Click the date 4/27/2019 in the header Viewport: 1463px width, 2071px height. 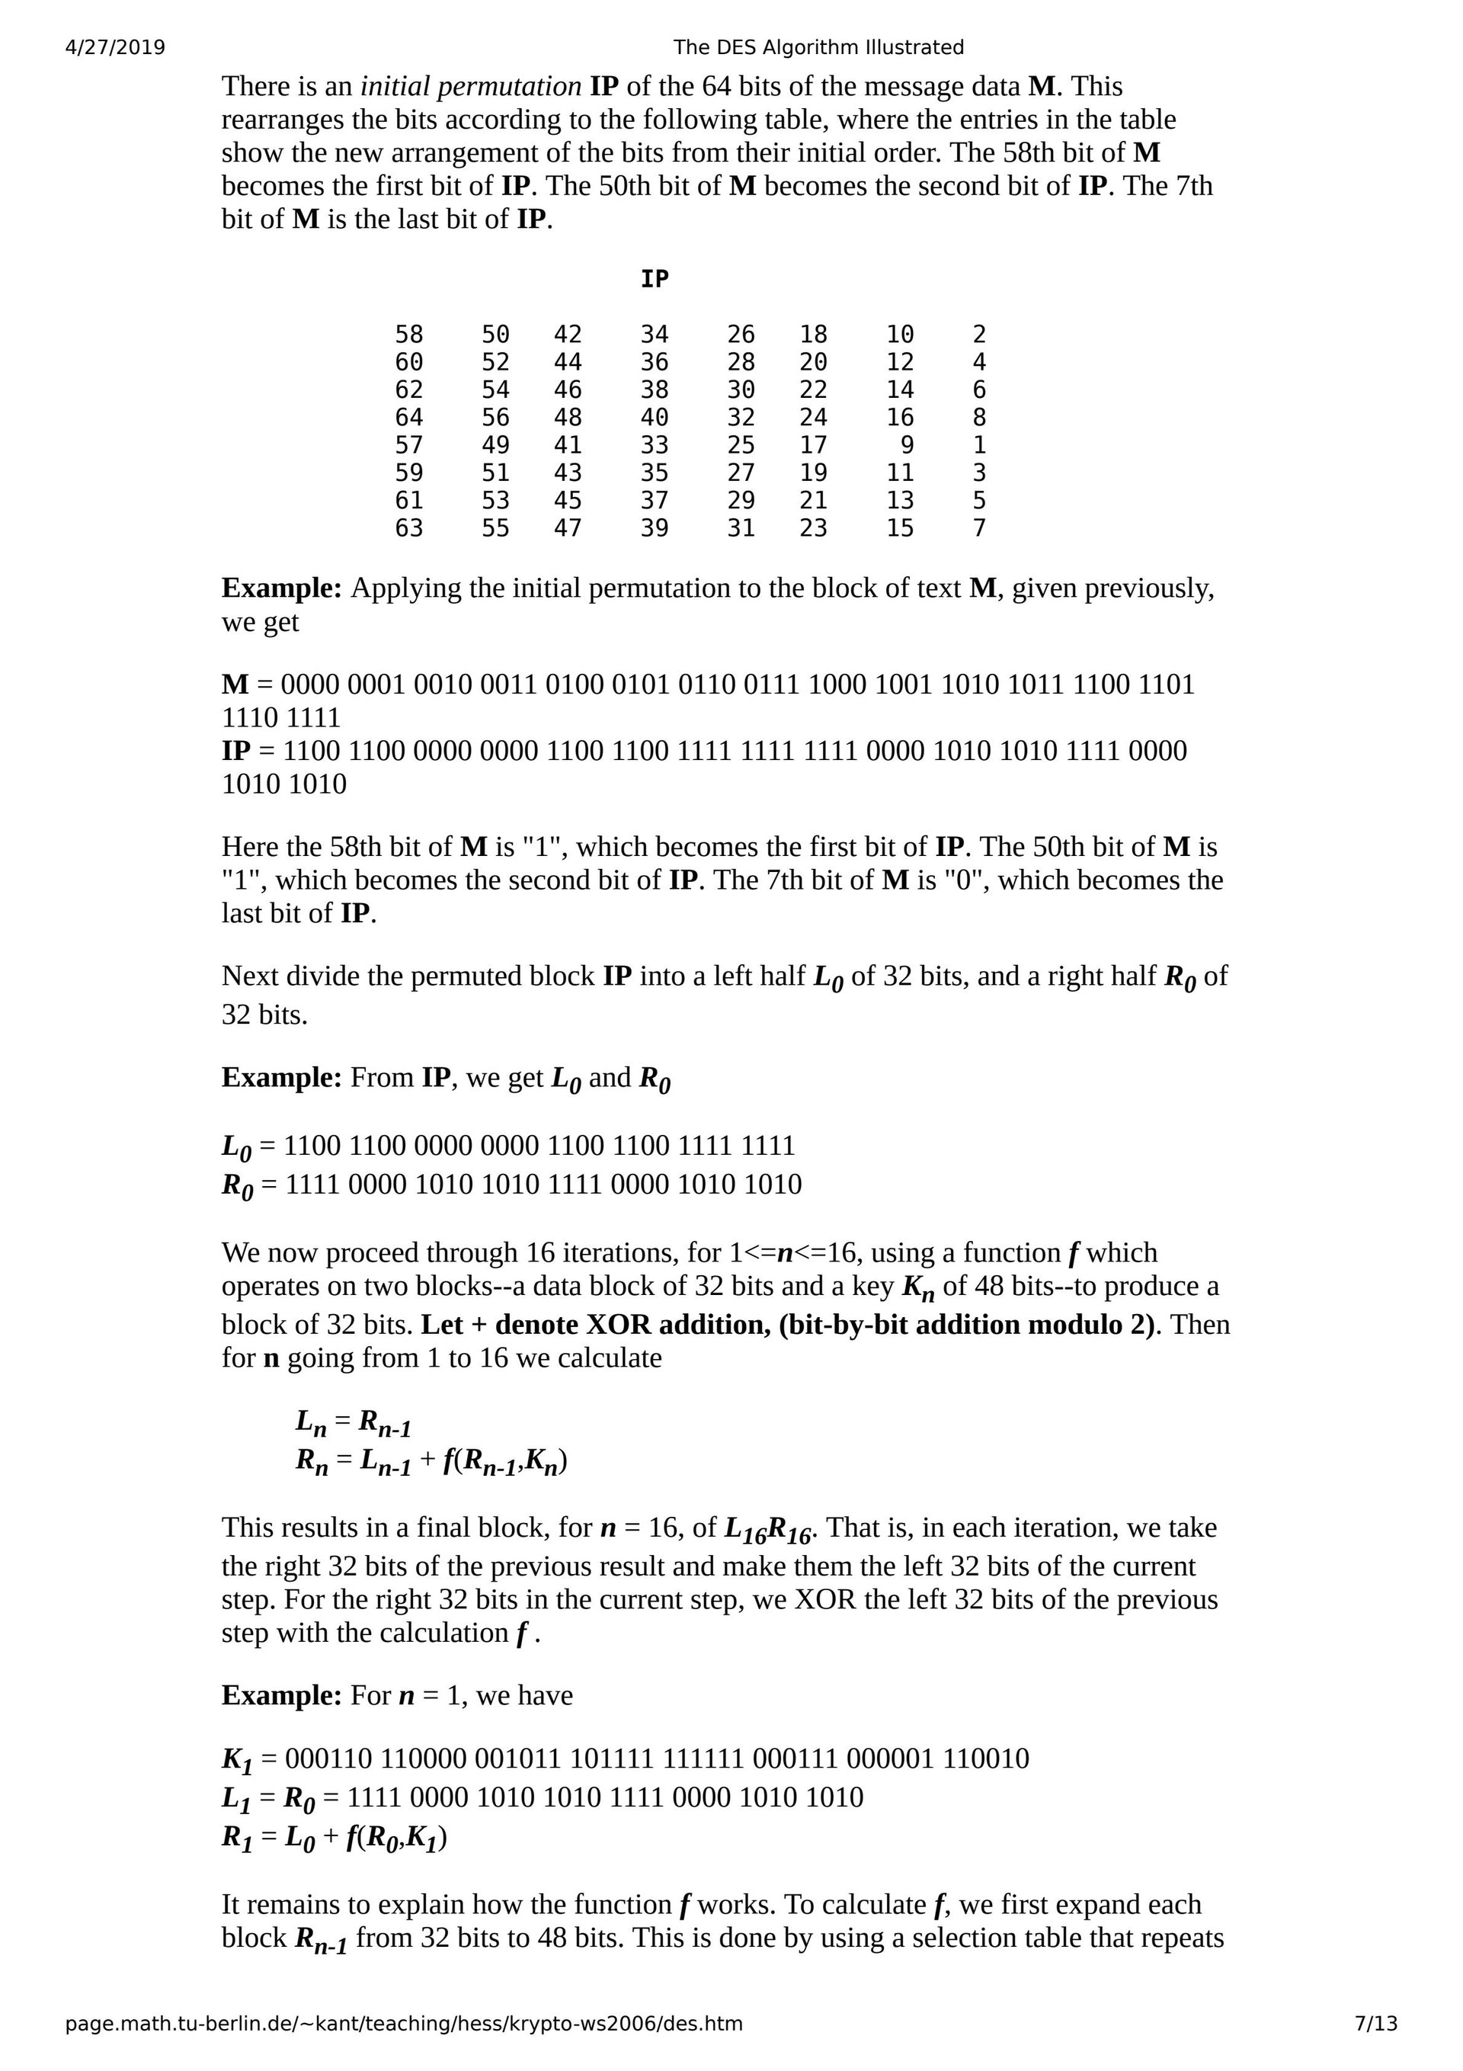(116, 48)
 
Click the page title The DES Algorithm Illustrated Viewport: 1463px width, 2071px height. (818, 48)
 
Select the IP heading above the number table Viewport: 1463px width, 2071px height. (654, 280)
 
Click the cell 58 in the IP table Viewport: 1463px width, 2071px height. (408, 335)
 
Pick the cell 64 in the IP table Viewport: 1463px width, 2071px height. (408, 418)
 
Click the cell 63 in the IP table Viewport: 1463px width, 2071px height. (408, 528)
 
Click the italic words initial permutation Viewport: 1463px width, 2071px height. (471, 87)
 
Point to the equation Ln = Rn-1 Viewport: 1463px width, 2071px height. (354, 1422)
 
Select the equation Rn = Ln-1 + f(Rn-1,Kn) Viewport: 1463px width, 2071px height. (431, 1461)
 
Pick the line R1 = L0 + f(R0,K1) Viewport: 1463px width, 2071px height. (335, 1838)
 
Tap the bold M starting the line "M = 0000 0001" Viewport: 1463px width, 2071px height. (235, 684)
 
